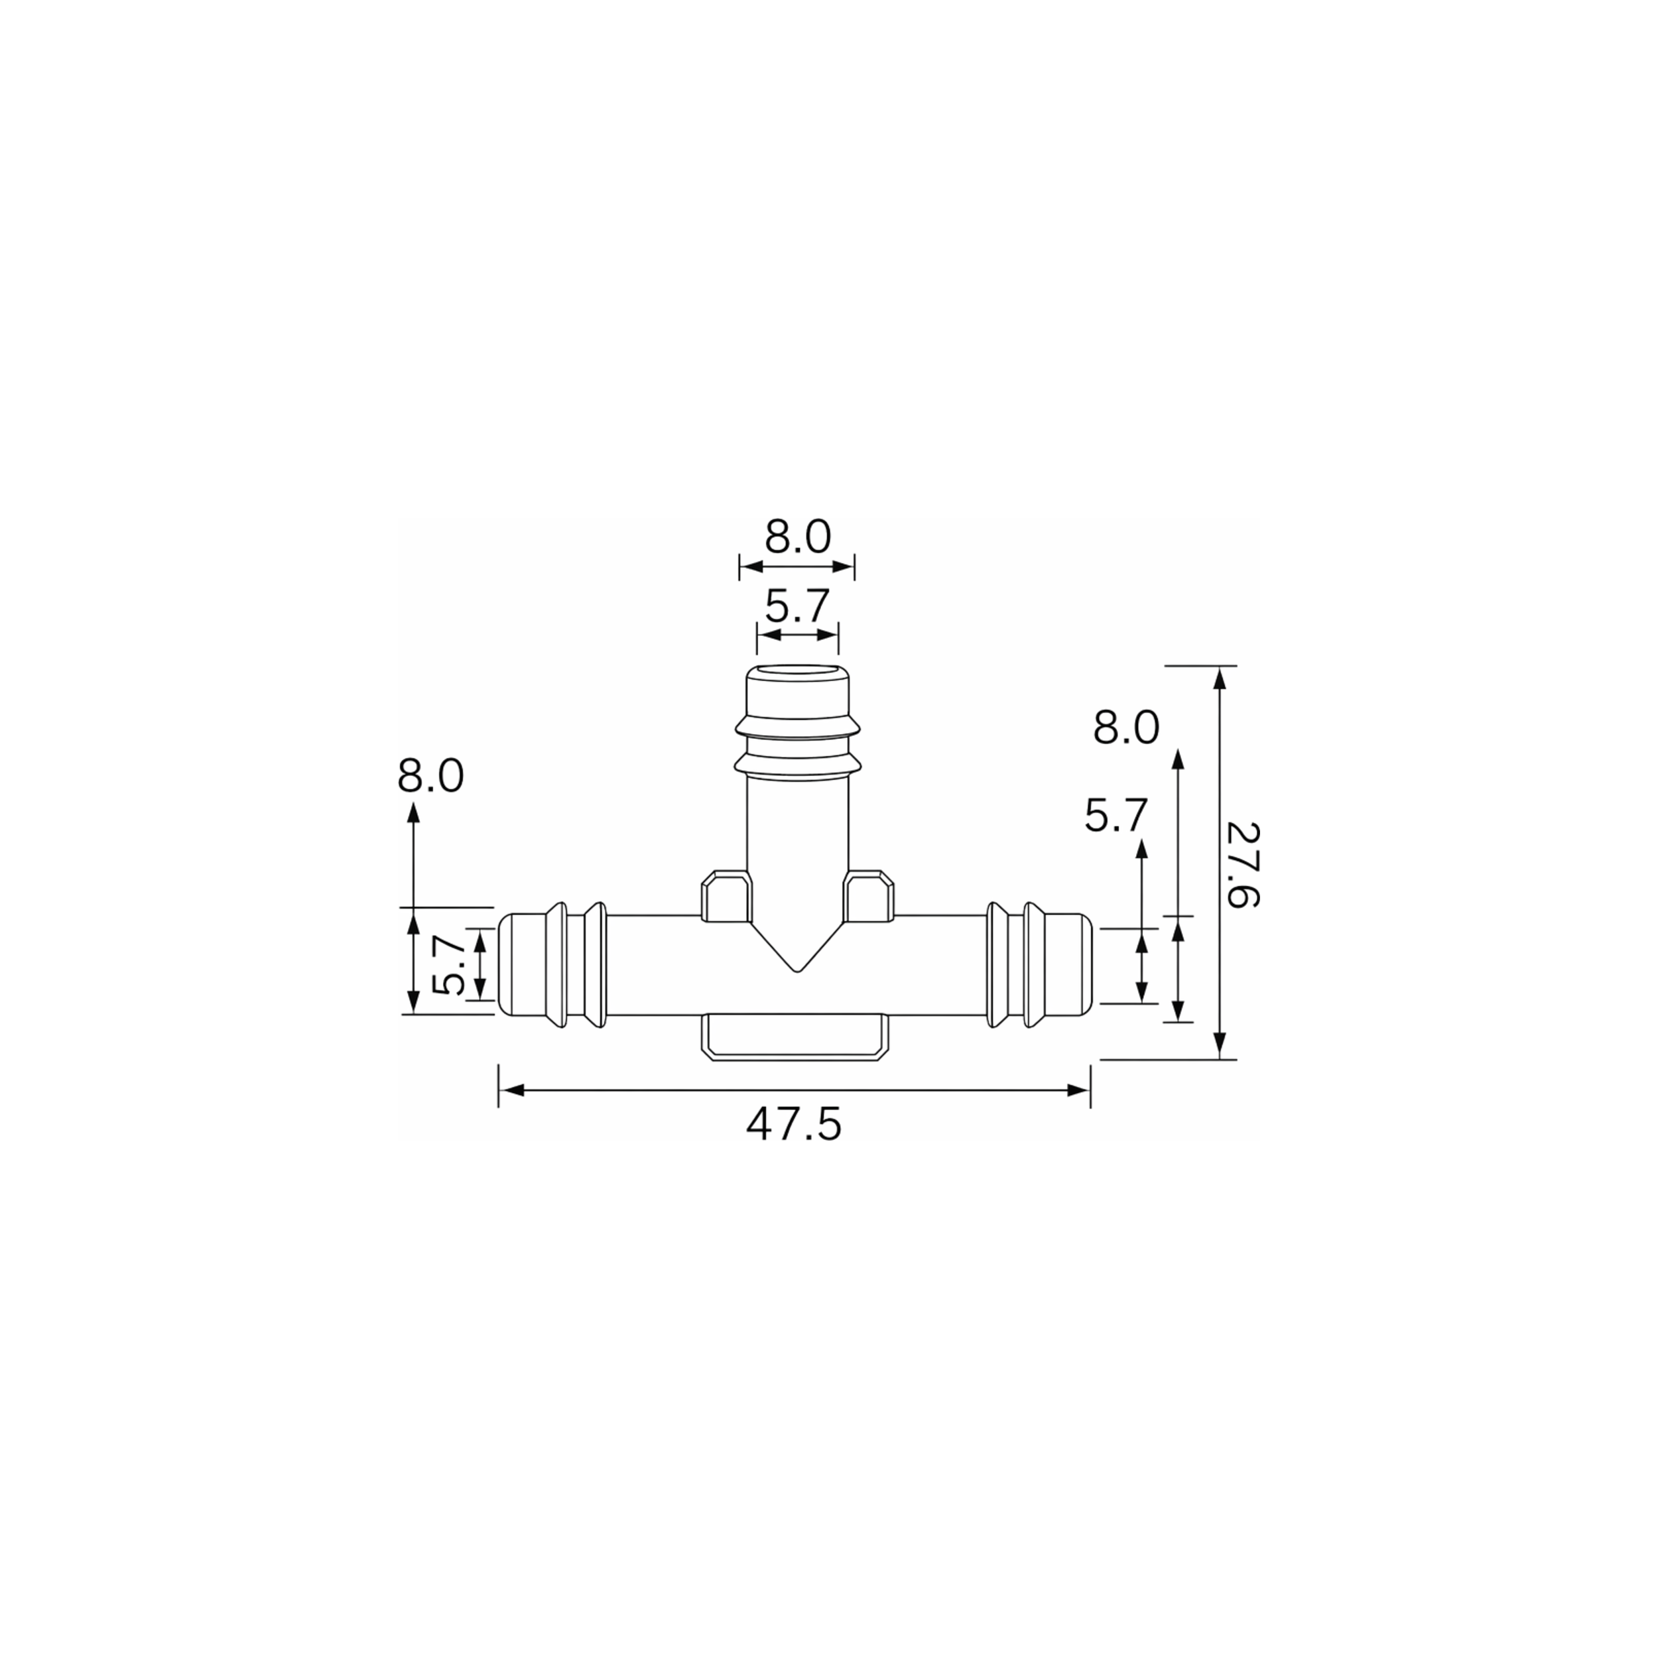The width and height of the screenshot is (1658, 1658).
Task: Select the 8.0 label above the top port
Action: (x=798, y=538)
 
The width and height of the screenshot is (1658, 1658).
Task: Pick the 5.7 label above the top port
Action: (x=797, y=607)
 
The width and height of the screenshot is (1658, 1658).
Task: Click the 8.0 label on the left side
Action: (x=431, y=777)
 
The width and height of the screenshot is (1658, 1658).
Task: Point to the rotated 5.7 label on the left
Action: (x=449, y=966)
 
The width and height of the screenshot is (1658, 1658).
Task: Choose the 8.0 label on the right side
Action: (x=1126, y=729)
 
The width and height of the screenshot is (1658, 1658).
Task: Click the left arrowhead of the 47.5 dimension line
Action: (x=511, y=1091)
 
